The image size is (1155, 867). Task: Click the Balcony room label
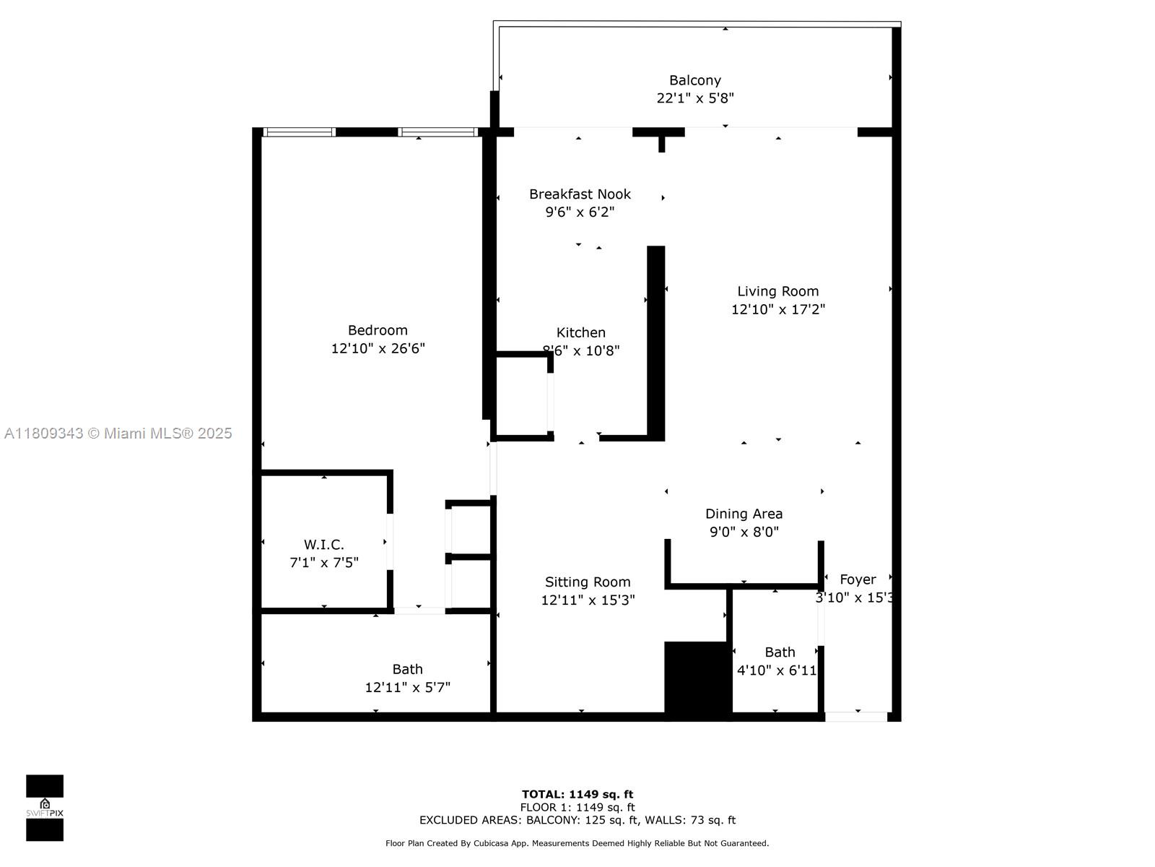coord(694,80)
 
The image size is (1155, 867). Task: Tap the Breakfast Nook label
coord(580,194)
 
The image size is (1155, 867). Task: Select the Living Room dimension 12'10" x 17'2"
coord(777,309)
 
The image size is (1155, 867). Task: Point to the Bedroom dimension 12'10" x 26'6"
coord(378,348)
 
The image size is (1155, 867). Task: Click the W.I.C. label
coord(323,544)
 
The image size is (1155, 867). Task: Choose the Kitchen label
coord(580,332)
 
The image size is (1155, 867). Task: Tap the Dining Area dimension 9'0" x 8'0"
coord(744,532)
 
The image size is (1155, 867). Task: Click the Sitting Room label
coord(588,582)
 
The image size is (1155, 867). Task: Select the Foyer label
coord(858,579)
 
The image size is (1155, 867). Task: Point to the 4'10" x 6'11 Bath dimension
coord(777,670)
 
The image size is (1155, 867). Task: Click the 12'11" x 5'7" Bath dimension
coord(407,687)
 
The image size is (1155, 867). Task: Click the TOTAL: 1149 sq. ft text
coord(577,794)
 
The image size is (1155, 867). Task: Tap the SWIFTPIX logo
coord(45,808)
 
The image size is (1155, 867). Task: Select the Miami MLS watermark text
coord(118,433)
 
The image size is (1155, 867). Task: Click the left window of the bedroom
coord(300,132)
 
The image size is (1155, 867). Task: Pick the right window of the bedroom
coord(437,132)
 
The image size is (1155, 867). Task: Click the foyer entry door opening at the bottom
coord(856,717)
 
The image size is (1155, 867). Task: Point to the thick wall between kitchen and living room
coord(655,343)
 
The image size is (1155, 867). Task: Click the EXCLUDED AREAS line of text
coord(577,820)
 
